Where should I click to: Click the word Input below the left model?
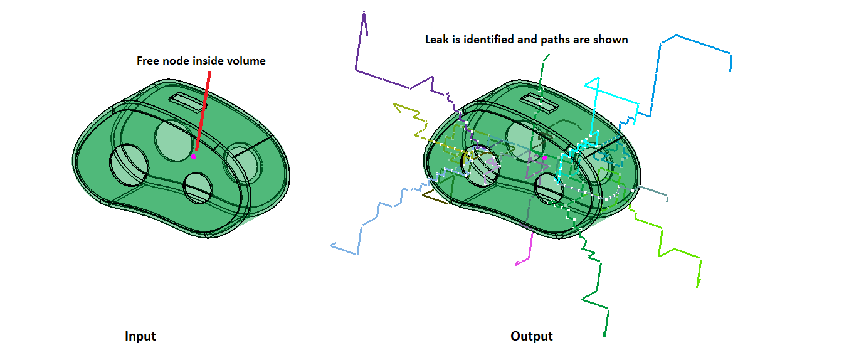click(x=140, y=336)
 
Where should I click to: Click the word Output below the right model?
click(x=532, y=336)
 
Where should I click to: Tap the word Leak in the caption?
click(x=436, y=40)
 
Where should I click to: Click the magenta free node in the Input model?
click(x=194, y=156)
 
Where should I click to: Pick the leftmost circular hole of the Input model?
click(x=129, y=164)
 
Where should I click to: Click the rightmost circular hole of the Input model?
click(x=242, y=164)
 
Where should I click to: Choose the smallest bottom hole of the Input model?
click(x=198, y=188)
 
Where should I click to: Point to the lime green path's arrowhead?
click(x=698, y=283)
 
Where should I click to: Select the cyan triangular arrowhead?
click(x=593, y=83)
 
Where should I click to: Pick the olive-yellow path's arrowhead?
click(x=398, y=107)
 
